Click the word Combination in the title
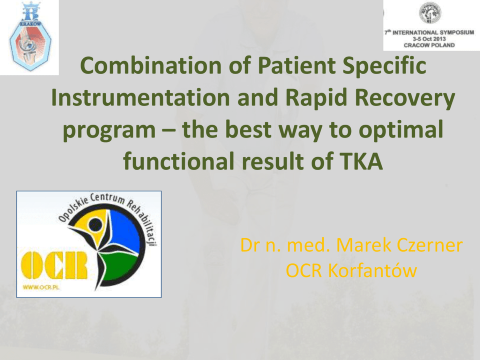coord(150,65)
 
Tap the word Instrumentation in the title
coord(140,97)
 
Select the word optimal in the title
coord(401,130)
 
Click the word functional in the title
coord(179,161)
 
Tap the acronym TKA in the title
coord(361,161)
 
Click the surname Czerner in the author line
coord(430,245)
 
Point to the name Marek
coord(363,245)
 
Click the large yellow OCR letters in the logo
coord(54,265)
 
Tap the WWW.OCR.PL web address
coord(41,287)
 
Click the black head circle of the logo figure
coord(95,225)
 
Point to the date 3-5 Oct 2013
coord(429,39)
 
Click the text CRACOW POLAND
coord(429,45)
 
